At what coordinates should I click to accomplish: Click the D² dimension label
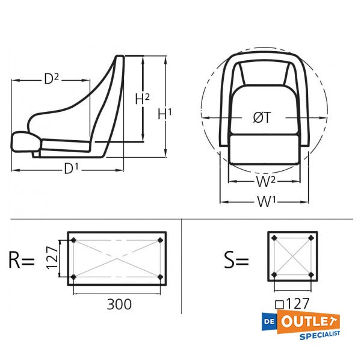[x=51, y=79]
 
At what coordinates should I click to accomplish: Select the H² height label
[x=142, y=99]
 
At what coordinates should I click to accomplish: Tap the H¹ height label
[x=164, y=113]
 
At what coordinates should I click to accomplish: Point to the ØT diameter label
[x=261, y=118]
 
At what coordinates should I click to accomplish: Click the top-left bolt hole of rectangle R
[x=73, y=241]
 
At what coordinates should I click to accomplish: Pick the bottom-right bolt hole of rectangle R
[x=160, y=277]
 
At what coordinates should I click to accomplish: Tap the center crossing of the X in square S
[x=292, y=258]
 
